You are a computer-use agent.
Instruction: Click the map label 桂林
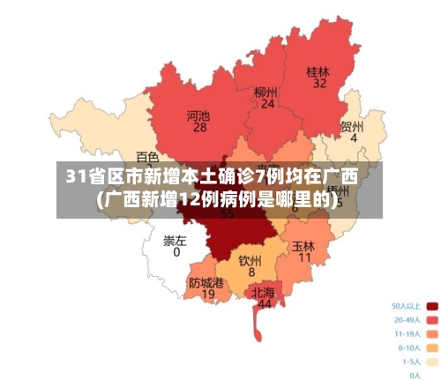pyautogui.click(x=318, y=71)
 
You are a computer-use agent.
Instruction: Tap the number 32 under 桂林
pyautogui.click(x=318, y=84)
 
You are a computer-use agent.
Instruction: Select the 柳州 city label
pyautogui.click(x=265, y=92)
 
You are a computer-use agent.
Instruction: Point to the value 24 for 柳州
pyautogui.click(x=266, y=104)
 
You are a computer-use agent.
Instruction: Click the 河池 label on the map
pyautogui.click(x=198, y=115)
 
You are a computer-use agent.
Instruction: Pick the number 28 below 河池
pyautogui.click(x=199, y=127)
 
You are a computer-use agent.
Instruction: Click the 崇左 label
pyautogui.click(x=176, y=240)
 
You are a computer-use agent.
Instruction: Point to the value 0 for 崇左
pyautogui.click(x=176, y=252)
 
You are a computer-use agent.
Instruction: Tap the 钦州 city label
pyautogui.click(x=250, y=261)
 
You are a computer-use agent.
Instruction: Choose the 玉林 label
pyautogui.click(x=304, y=246)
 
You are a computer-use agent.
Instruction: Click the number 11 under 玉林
pyautogui.click(x=305, y=258)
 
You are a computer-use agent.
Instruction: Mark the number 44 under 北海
pyautogui.click(x=264, y=304)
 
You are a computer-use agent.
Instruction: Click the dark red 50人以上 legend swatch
pyautogui.click(x=432, y=307)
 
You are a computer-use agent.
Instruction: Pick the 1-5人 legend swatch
pyautogui.click(x=432, y=361)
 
